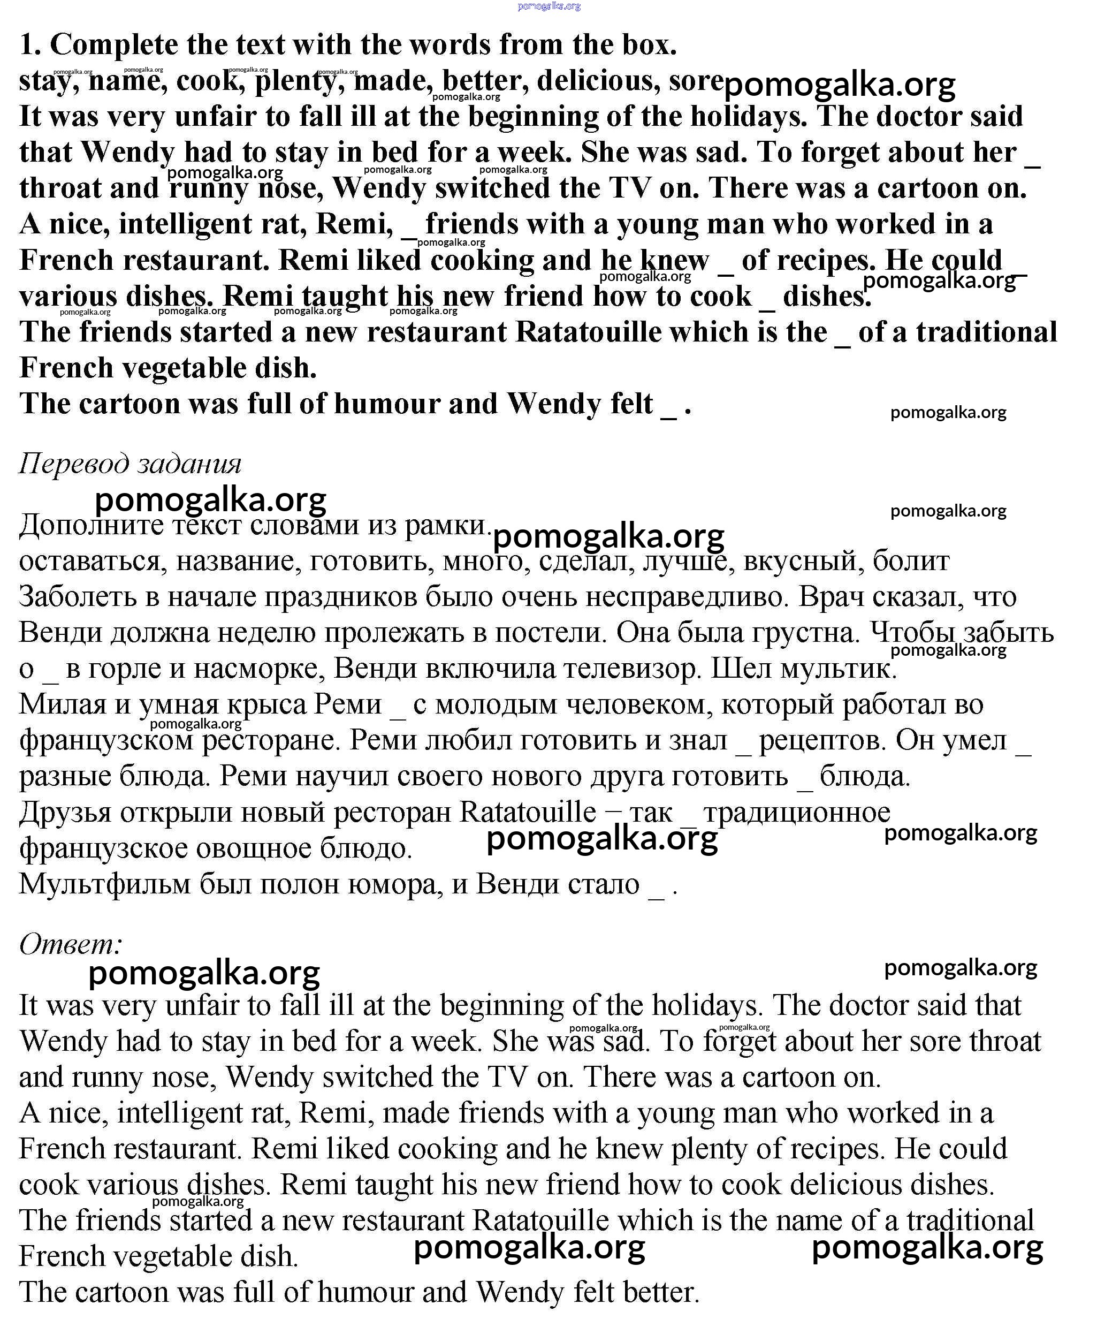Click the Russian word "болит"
(911, 561)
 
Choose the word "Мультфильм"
(104, 884)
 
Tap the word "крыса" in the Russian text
(263, 704)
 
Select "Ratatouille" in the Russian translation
(527, 812)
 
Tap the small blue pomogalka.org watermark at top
(548, 6)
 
